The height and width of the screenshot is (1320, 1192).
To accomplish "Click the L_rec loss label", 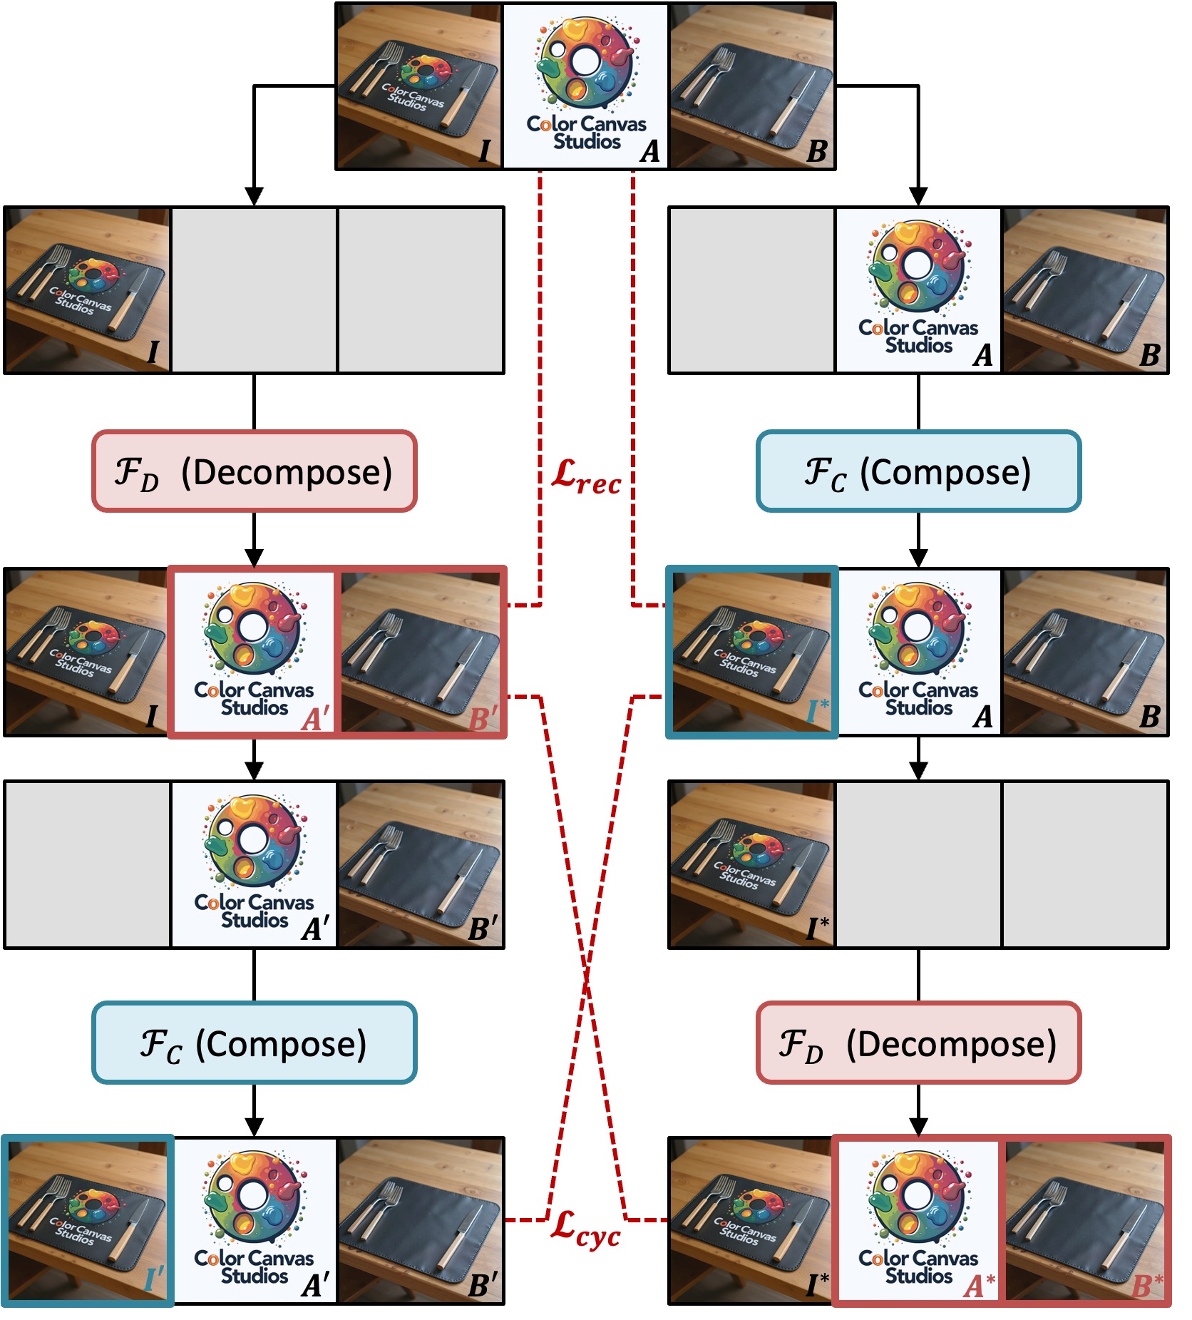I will [x=586, y=477].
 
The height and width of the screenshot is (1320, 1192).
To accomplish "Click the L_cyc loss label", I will [x=586, y=1228].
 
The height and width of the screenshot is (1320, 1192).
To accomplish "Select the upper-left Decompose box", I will [x=254, y=471].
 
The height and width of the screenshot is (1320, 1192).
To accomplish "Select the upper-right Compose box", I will [x=918, y=471].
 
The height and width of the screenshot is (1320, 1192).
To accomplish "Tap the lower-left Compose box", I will [x=254, y=1043].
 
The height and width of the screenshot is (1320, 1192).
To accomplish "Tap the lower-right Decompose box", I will [x=918, y=1043].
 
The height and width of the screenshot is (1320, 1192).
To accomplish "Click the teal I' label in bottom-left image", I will [x=154, y=1279].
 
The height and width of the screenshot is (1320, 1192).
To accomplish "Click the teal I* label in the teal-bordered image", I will [x=818, y=710].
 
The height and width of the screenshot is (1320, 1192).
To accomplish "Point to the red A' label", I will [x=315, y=717].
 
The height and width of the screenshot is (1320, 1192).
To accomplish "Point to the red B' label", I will [x=483, y=717].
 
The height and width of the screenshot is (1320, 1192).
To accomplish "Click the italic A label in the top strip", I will [x=649, y=151].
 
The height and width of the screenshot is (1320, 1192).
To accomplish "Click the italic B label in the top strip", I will [x=816, y=151].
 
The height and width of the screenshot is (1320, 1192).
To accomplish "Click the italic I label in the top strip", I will [x=484, y=151].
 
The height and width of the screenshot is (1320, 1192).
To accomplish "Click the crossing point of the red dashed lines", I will [x=586, y=983].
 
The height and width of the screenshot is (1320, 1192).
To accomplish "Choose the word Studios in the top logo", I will [x=587, y=141].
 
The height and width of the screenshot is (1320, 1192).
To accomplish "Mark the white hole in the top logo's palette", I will [x=585, y=61].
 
